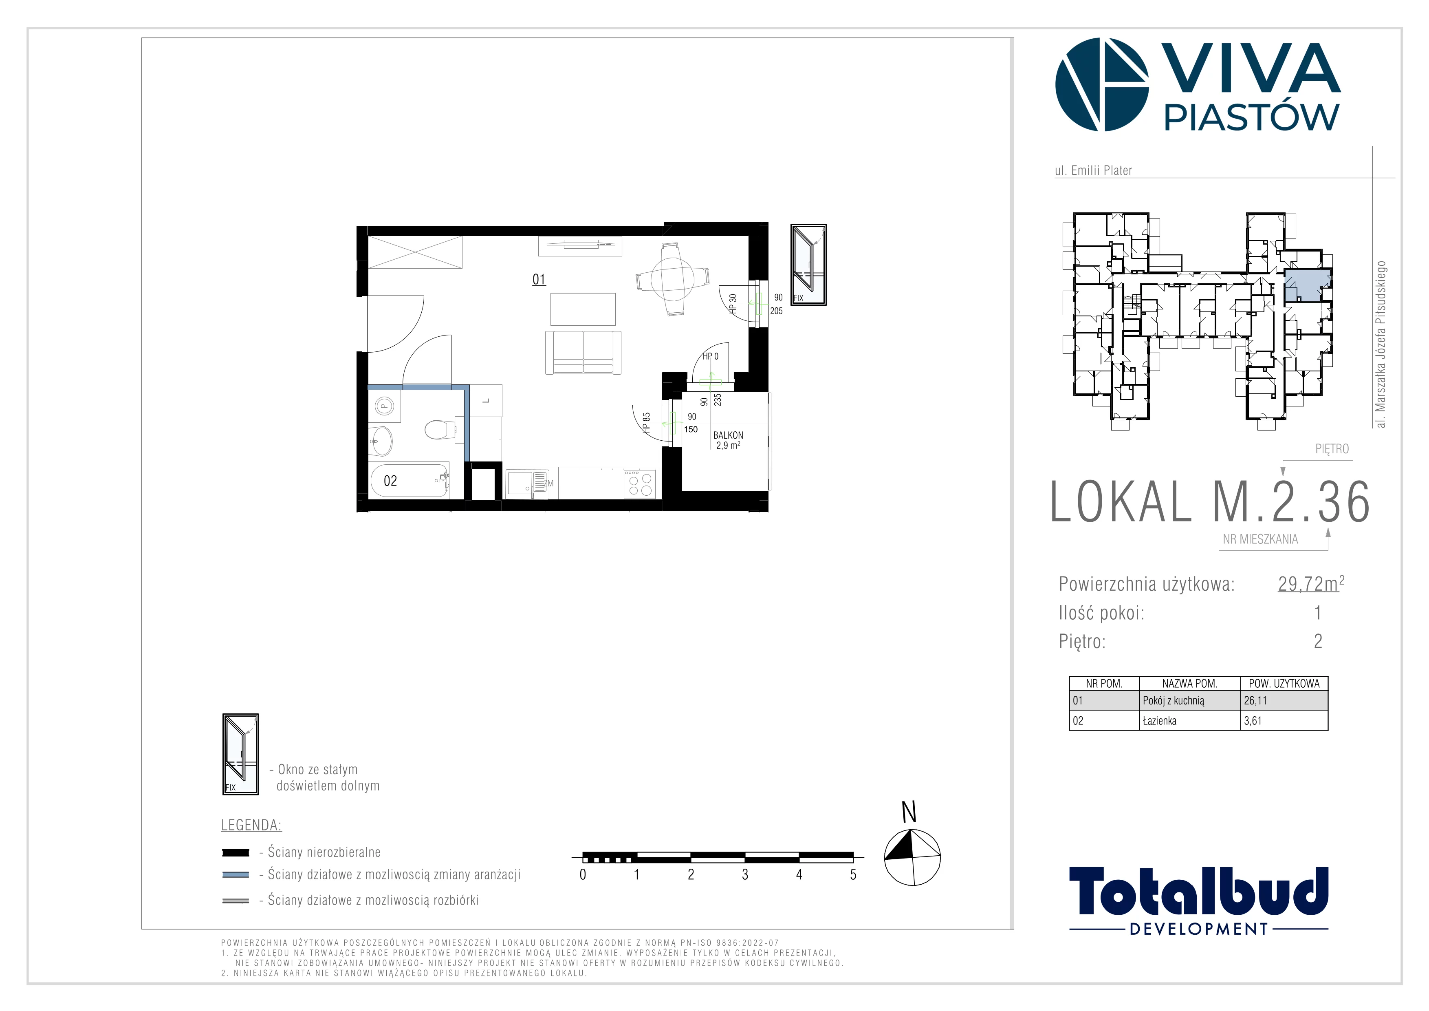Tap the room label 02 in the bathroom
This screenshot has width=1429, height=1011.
[390, 481]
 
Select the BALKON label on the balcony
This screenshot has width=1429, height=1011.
[728, 435]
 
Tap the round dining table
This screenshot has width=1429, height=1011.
[672, 279]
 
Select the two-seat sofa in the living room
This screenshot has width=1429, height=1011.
[583, 352]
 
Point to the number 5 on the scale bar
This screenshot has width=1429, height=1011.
[853, 875]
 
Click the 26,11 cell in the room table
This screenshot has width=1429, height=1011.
[1255, 700]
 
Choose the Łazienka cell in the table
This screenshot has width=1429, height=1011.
[1160, 721]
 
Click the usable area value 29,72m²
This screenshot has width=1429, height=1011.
[1311, 583]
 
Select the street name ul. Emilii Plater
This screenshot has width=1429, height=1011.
[1094, 170]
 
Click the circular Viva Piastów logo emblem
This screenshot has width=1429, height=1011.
[1102, 85]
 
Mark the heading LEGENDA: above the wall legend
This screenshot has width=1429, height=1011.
[251, 826]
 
